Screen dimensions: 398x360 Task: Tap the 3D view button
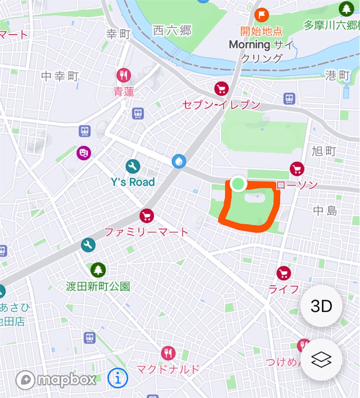(x=321, y=306)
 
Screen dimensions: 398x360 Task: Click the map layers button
(x=321, y=360)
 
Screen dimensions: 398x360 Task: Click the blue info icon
(x=118, y=377)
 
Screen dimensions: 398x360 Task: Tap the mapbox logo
(x=56, y=380)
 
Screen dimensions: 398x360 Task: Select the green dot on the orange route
(x=238, y=183)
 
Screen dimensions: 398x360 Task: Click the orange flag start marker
(x=261, y=15)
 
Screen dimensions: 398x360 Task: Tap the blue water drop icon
(x=179, y=161)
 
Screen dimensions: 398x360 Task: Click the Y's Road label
(x=133, y=182)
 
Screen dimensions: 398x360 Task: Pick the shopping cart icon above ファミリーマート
(x=146, y=215)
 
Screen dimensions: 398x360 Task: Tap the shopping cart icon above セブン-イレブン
(x=221, y=89)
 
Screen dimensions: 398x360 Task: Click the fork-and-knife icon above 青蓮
(x=123, y=75)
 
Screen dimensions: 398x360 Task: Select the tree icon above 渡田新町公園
(x=98, y=270)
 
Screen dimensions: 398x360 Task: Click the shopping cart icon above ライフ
(x=284, y=273)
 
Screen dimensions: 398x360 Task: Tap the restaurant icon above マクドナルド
(x=168, y=353)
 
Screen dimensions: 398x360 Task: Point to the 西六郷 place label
(x=172, y=30)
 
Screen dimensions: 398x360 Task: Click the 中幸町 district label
(x=60, y=76)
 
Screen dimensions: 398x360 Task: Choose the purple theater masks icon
(x=83, y=153)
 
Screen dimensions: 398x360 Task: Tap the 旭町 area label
(x=323, y=151)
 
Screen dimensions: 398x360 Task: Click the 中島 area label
(x=325, y=211)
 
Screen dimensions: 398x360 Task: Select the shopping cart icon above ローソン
(x=297, y=169)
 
